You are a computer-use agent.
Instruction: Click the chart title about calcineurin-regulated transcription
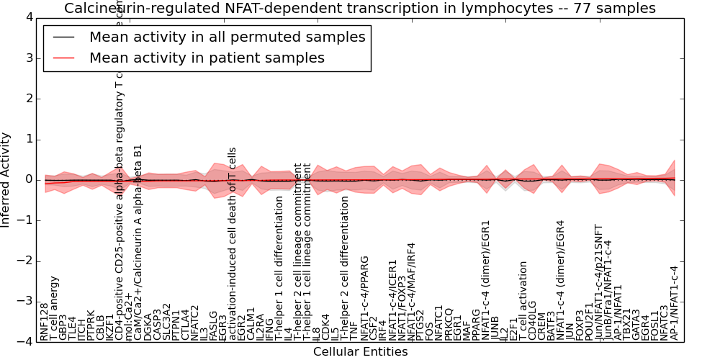click(360, 8)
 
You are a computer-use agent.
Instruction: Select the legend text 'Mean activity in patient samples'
click(207, 58)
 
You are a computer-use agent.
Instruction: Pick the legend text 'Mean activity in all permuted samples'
click(227, 37)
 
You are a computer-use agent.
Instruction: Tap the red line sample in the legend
click(63, 58)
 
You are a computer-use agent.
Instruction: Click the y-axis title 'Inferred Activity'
click(6, 179)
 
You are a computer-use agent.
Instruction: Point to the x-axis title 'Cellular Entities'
click(360, 351)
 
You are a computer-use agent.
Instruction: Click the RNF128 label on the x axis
click(45, 322)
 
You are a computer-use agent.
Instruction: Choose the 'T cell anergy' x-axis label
click(54, 307)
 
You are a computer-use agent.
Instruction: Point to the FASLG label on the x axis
click(213, 325)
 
